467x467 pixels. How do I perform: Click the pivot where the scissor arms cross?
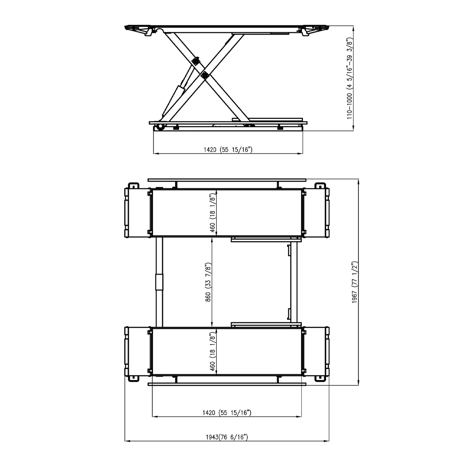[205, 76]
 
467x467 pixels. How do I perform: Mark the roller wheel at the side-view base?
[161, 127]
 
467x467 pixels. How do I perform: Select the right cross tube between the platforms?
[294, 281]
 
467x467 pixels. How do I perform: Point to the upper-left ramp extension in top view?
[138, 212]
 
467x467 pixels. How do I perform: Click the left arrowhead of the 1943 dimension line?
[126, 441]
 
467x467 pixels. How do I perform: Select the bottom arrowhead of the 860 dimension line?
[212, 326]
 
